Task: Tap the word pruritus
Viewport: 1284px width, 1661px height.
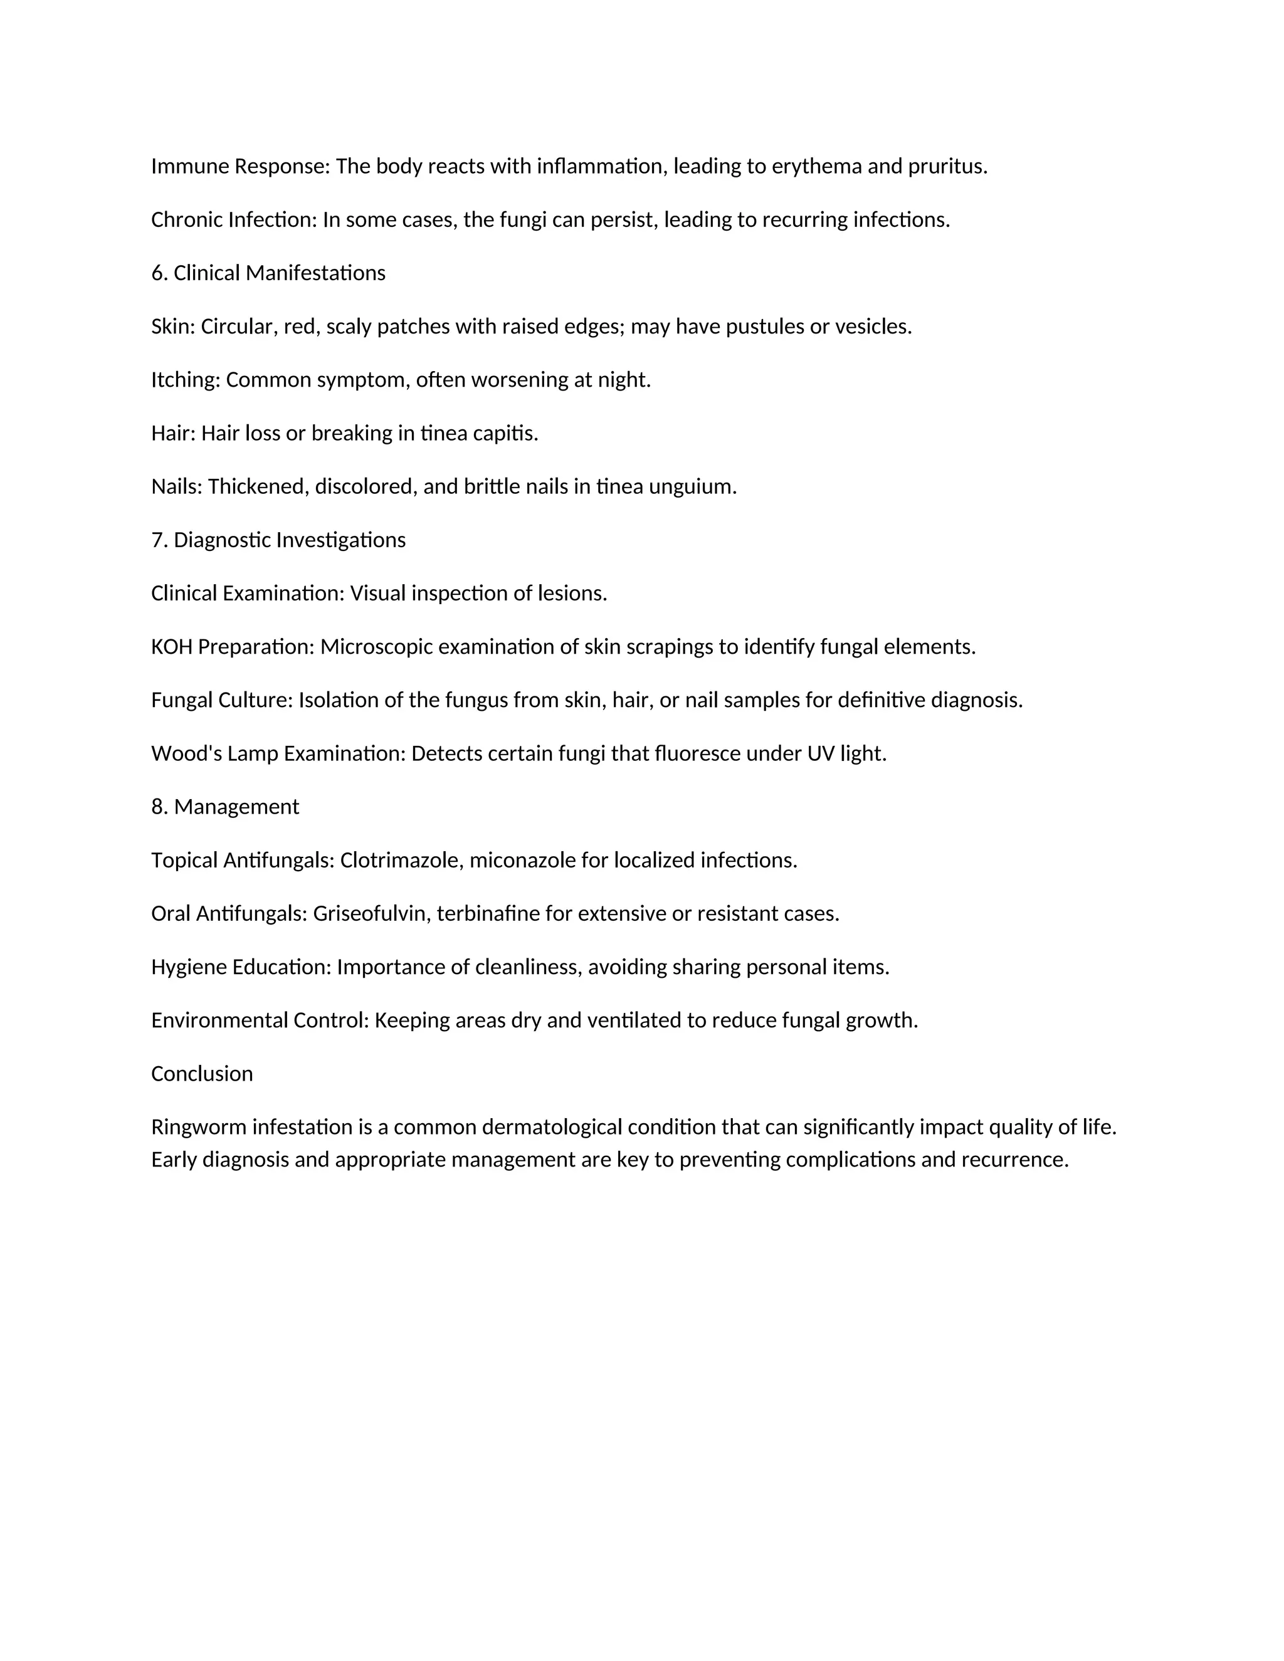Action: (947, 167)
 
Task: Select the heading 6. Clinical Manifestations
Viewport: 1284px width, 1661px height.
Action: (268, 273)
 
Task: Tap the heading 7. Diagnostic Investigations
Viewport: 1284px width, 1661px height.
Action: (278, 540)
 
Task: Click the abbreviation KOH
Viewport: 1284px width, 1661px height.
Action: (172, 647)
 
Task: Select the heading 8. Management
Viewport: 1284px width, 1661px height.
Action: (225, 807)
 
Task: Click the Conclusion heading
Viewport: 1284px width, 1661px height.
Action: (202, 1074)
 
